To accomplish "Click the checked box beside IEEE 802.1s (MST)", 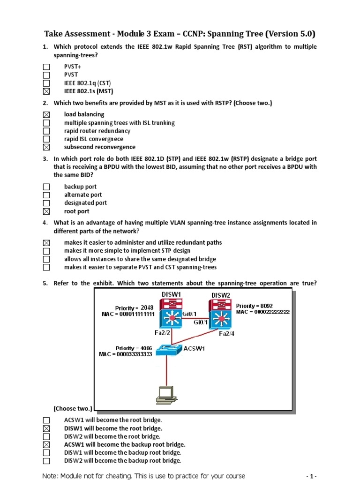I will point(46,91).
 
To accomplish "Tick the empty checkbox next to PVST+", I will point(46,67).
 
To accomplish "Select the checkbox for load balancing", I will point(46,114).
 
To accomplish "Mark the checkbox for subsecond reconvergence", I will point(46,147).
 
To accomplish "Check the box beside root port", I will point(46,211).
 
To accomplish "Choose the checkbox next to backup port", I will point(46,187).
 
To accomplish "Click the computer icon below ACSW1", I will point(166,395).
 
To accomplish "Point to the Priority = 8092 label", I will point(255,305).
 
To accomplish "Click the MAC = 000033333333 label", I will point(126,354).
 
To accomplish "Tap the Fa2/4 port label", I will point(227,334).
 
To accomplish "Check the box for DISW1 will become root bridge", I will point(46,428).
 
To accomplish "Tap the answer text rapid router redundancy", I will point(97,131).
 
